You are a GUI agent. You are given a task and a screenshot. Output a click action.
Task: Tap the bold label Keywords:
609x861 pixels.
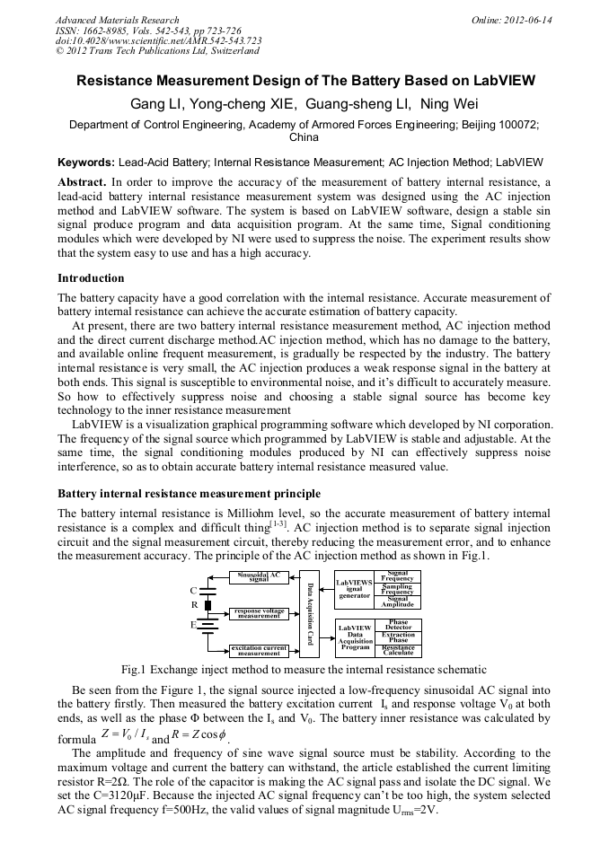coord(86,163)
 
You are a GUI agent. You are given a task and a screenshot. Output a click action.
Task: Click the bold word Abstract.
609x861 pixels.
coord(82,181)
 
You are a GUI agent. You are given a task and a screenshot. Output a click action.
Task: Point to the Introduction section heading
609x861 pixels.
coord(91,279)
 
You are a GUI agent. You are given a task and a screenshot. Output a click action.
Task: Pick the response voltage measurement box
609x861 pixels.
coord(259,613)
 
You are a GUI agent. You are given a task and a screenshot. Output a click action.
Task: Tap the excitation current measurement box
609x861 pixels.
coord(259,650)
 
